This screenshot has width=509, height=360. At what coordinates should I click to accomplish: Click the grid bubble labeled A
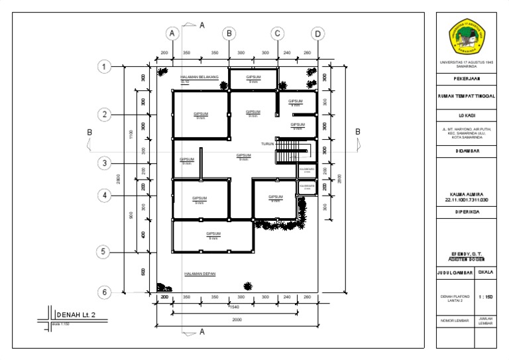[172, 33]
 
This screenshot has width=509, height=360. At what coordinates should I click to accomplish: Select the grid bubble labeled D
[317, 33]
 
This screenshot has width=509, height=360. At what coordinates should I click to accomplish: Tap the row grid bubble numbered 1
[103, 66]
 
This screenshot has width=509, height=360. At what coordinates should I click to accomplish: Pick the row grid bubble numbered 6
[103, 292]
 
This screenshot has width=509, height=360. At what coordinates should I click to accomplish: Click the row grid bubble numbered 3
[103, 163]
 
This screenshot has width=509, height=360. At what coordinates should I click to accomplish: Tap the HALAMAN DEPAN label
[200, 273]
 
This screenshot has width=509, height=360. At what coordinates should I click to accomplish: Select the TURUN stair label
[267, 144]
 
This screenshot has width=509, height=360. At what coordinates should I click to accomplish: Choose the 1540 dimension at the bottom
[233, 307]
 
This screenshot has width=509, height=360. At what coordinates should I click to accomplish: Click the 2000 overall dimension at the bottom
[237, 320]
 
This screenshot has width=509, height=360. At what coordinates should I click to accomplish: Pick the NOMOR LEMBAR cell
[454, 322]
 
